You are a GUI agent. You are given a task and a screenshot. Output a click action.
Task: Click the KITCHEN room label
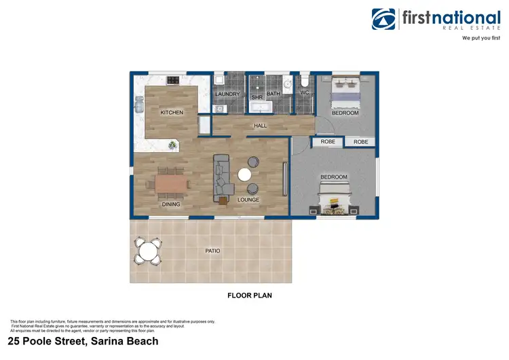click(172, 112)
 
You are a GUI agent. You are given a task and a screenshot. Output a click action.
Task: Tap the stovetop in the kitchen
click(173, 81)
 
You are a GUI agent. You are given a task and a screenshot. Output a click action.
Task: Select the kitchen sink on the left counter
click(139, 105)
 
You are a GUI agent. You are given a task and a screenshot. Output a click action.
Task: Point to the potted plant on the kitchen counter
click(174, 145)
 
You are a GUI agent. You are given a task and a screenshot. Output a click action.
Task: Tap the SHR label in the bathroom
click(257, 97)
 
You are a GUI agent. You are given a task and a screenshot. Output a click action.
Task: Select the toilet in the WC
click(304, 79)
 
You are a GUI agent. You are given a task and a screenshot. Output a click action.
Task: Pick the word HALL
click(260, 126)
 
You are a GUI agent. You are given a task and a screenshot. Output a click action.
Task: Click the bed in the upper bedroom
click(345, 93)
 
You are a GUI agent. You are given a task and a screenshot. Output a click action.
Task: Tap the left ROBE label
click(328, 142)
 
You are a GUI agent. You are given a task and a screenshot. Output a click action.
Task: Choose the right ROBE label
click(361, 142)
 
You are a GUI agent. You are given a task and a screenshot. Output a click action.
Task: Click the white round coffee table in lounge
click(244, 175)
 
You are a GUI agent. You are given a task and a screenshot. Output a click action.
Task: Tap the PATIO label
click(212, 251)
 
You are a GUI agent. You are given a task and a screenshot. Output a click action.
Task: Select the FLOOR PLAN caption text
click(249, 296)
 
